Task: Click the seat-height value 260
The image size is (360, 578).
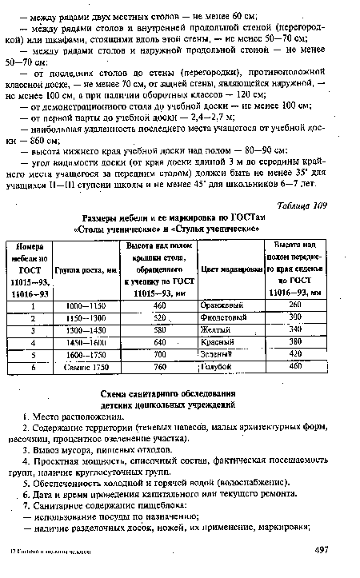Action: click(x=297, y=305)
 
